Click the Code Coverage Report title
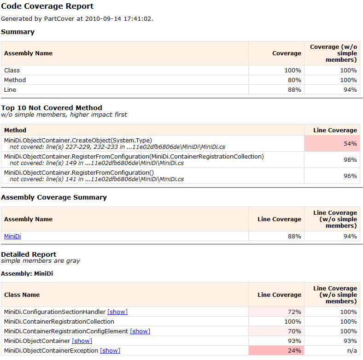click(x=47, y=6)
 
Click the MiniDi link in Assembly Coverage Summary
click(x=12, y=236)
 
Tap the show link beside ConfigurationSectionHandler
click(x=117, y=312)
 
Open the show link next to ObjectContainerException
click(x=110, y=351)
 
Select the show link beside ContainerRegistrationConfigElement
click(x=140, y=331)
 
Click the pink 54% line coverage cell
click(x=332, y=144)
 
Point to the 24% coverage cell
click(x=276, y=351)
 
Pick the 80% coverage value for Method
click(x=293, y=80)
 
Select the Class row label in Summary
click(x=12, y=71)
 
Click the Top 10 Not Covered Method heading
click(x=52, y=108)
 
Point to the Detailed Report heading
click(x=29, y=254)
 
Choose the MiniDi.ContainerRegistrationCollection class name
click(x=59, y=322)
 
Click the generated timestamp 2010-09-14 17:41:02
click(x=123, y=19)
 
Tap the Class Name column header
click(x=22, y=295)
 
